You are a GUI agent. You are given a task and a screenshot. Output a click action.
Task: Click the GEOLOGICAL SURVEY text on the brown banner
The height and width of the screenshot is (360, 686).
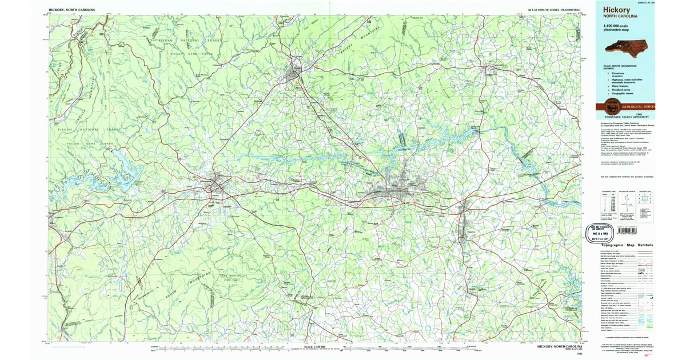point(639,106)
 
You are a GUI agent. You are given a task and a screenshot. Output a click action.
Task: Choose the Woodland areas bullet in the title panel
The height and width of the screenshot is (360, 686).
point(615,90)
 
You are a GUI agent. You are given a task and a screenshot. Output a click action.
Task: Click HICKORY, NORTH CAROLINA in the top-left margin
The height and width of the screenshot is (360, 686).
point(71,10)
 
